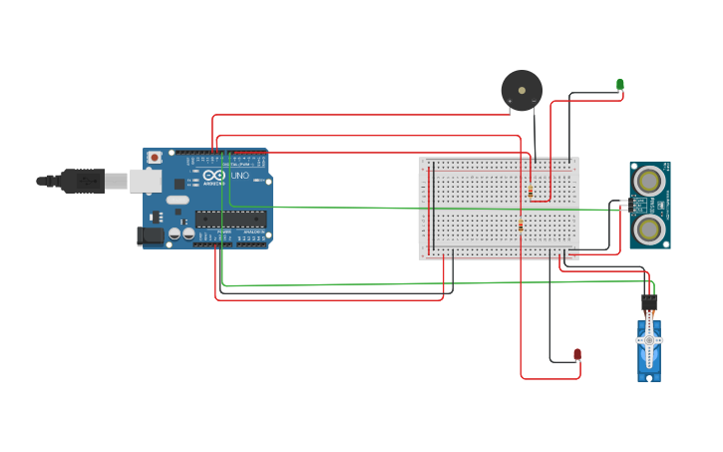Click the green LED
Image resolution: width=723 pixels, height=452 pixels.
pyautogui.click(x=619, y=85)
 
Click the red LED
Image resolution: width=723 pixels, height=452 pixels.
pyautogui.click(x=577, y=354)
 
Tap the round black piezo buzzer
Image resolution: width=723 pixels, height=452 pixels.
pyautogui.click(x=522, y=90)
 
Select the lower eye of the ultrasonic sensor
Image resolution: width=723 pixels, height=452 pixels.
pyautogui.click(x=650, y=229)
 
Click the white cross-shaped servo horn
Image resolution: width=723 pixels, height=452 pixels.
pyautogui.click(x=649, y=340)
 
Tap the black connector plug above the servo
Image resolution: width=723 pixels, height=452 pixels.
pyautogui.click(x=649, y=300)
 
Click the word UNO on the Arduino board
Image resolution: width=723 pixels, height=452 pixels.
pyautogui.click(x=240, y=176)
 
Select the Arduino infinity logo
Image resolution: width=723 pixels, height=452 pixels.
pyautogui.click(x=214, y=176)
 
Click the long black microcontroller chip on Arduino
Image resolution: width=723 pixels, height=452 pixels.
pyautogui.click(x=230, y=219)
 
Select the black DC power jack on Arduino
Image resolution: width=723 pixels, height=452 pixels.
pyautogui.click(x=150, y=235)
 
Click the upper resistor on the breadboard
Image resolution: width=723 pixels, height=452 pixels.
pyautogui.click(x=531, y=191)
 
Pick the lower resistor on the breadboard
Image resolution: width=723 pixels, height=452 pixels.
pyautogui.click(x=521, y=226)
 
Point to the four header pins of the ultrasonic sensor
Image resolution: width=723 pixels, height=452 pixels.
pyautogui.click(x=624, y=206)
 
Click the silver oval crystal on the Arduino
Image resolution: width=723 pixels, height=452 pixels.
pyautogui.click(x=178, y=200)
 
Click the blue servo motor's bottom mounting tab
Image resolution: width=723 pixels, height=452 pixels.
pyautogui.click(x=649, y=377)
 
